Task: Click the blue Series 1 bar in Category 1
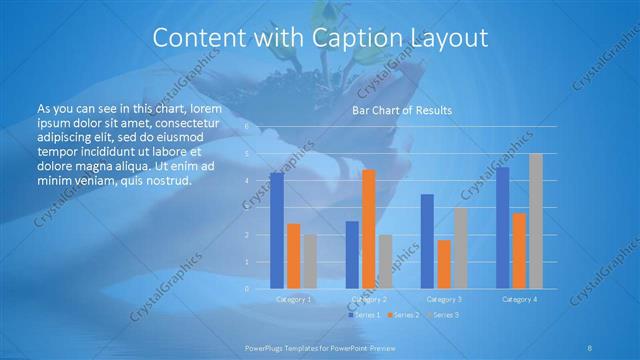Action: [277, 231]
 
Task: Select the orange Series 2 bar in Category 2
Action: [368, 229]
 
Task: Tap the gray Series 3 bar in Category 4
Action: [536, 221]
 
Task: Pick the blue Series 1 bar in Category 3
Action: [427, 241]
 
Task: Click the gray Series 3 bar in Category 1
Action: [310, 262]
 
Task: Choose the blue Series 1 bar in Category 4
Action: [503, 228]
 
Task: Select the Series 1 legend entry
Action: [362, 315]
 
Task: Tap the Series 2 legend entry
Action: [403, 315]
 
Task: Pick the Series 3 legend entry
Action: [443, 315]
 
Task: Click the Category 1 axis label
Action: [294, 299]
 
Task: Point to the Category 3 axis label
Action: [444, 299]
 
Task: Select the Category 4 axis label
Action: [519, 299]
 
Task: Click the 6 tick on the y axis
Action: [246, 128]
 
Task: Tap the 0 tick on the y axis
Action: [246, 289]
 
